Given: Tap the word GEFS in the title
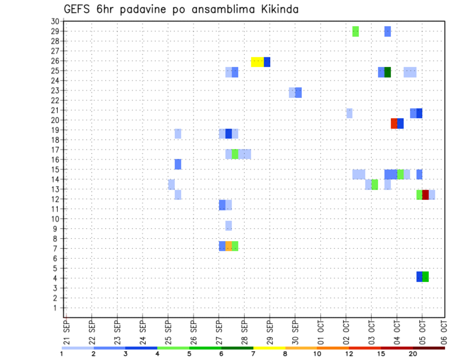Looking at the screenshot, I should click(78, 9).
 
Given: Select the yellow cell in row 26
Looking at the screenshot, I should click(257, 62).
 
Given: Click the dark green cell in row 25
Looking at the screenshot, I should click(387, 72).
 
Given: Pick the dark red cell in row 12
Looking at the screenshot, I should click(425, 195).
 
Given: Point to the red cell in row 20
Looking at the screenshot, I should click(394, 123).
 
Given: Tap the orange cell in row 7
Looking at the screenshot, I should click(229, 246).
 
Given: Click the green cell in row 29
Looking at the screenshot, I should click(355, 31).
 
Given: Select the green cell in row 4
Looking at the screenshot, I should click(425, 277).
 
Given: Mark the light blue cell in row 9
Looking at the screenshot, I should click(229, 226).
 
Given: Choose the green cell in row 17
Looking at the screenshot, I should click(235, 154).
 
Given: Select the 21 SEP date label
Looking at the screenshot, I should click(66, 331).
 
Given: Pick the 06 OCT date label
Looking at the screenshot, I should click(444, 331).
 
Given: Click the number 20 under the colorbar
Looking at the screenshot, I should click(413, 354).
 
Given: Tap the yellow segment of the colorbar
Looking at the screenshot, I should click(269, 348).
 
